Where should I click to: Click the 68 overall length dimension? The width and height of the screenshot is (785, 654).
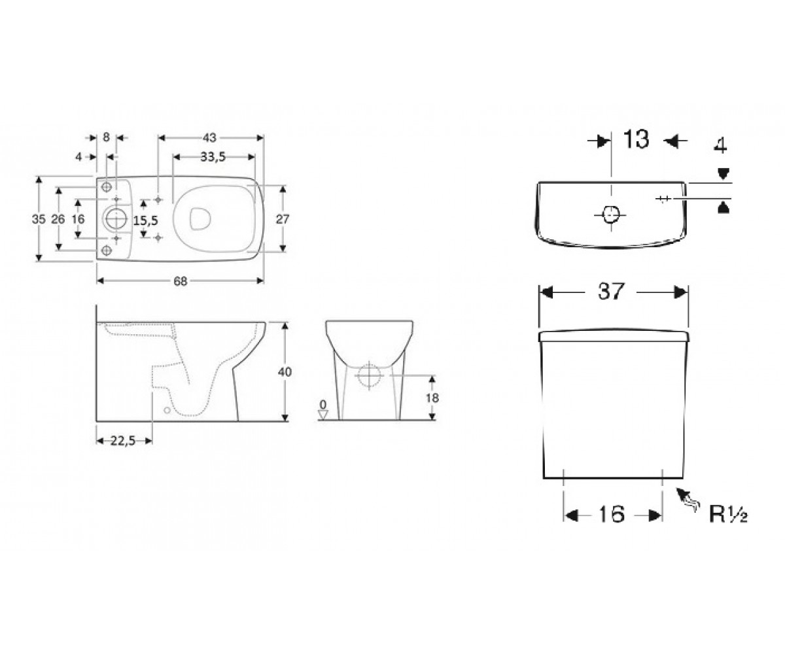click(x=181, y=281)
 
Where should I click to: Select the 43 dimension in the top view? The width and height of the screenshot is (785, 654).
click(x=209, y=138)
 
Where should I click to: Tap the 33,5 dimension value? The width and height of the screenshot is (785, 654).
click(x=213, y=157)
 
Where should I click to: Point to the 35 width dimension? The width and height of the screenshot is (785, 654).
click(x=39, y=218)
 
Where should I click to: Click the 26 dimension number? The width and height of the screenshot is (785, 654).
click(x=58, y=218)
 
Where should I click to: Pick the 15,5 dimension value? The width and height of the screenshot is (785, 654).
click(x=146, y=220)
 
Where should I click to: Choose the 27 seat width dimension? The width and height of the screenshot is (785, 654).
click(x=283, y=218)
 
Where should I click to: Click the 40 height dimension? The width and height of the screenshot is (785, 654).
click(x=285, y=371)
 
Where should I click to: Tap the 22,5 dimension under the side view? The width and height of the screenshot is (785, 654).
click(x=123, y=441)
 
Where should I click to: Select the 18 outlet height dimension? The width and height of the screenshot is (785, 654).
click(x=432, y=398)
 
